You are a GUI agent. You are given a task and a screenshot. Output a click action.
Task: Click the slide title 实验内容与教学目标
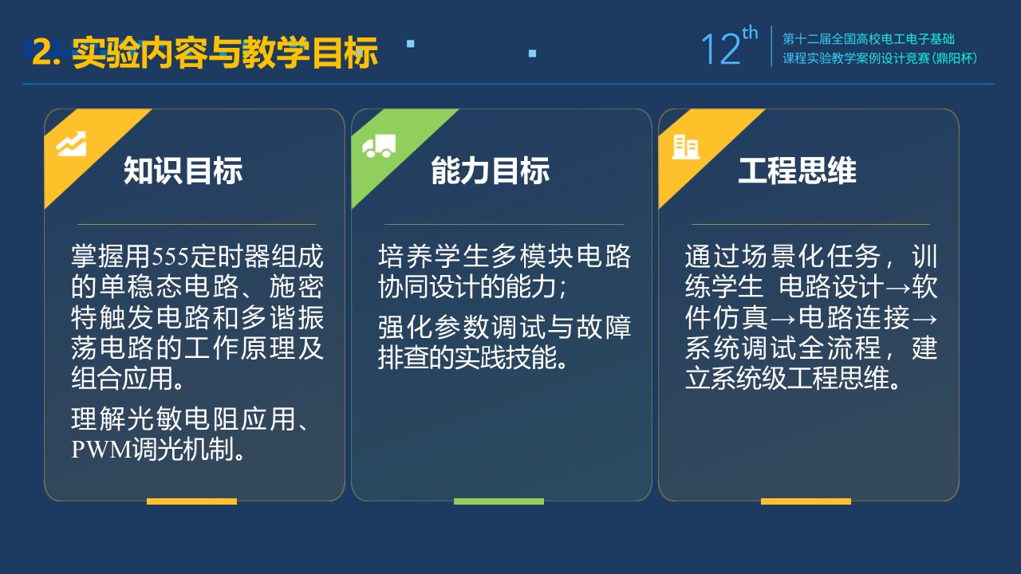click(x=225, y=53)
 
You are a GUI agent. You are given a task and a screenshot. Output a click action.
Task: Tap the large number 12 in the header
click(x=720, y=49)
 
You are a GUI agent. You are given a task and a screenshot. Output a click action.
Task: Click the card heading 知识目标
click(x=183, y=171)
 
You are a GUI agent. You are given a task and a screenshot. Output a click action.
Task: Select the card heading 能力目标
click(x=491, y=171)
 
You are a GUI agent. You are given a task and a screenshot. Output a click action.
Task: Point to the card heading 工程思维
click(x=797, y=171)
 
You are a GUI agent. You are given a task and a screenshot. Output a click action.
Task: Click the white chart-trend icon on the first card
click(x=71, y=143)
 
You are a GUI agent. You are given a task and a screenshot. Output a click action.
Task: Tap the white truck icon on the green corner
click(x=379, y=146)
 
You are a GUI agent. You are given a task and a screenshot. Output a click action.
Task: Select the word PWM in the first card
click(x=101, y=450)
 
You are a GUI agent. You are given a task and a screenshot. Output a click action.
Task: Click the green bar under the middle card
click(x=499, y=501)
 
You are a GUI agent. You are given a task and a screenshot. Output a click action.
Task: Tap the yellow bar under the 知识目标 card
click(x=191, y=501)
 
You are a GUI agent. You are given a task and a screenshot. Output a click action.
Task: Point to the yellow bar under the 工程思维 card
click(x=806, y=501)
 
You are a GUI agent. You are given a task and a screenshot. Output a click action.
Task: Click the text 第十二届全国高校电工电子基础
click(x=869, y=39)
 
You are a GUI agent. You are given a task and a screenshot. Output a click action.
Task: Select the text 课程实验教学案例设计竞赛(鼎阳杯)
click(x=880, y=58)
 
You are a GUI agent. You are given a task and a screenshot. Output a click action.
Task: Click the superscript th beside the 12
click(x=750, y=33)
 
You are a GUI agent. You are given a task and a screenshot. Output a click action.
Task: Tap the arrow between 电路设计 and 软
click(x=897, y=289)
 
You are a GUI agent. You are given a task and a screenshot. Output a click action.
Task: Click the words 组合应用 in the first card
click(x=122, y=378)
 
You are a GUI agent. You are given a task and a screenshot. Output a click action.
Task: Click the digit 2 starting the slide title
click(x=42, y=52)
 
